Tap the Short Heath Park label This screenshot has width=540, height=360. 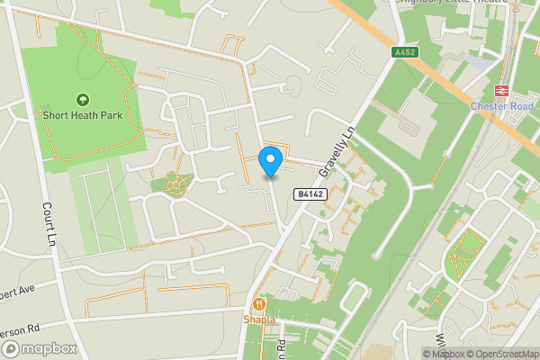(x=83, y=115)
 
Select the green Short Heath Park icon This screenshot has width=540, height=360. (x=83, y=99)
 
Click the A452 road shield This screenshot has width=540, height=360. (x=405, y=53)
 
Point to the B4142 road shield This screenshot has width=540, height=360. (x=308, y=193)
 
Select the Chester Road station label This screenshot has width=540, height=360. (x=501, y=106)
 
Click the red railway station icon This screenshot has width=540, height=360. (x=501, y=91)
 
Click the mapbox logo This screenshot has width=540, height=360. (x=40, y=348)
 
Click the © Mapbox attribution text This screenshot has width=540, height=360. (x=445, y=354)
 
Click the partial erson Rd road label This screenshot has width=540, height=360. (x=18, y=329)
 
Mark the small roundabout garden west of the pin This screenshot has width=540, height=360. (x=175, y=184)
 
